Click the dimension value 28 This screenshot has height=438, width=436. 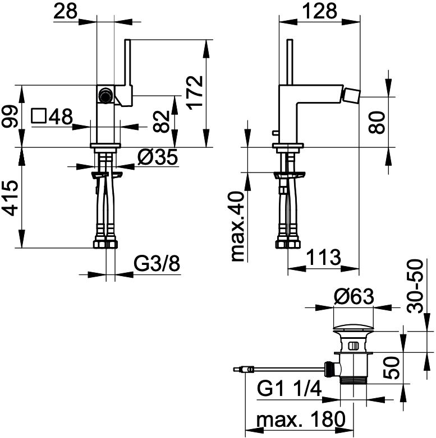click(x=65, y=11)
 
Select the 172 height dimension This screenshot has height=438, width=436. click(x=195, y=92)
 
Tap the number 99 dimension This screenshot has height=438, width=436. click(x=10, y=116)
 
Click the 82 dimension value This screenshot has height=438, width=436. click(x=162, y=122)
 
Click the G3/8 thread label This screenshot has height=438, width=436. click(x=157, y=264)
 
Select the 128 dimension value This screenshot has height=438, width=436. click(x=320, y=11)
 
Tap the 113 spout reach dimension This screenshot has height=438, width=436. click(x=324, y=257)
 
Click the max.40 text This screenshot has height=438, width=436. click(x=238, y=226)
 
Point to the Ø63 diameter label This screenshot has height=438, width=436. click(x=354, y=296)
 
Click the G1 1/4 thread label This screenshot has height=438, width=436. click(x=290, y=389)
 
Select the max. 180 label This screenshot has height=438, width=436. click(x=301, y=420)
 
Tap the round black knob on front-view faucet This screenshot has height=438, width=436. click(x=105, y=95)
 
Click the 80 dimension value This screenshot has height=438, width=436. click(x=377, y=122)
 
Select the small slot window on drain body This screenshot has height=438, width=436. click(x=354, y=346)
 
